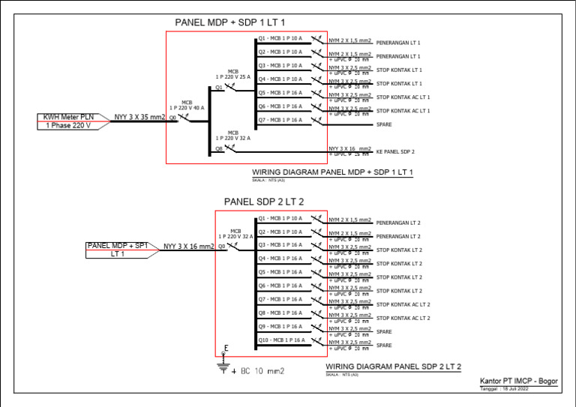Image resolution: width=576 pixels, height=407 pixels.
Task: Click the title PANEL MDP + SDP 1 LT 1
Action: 229,23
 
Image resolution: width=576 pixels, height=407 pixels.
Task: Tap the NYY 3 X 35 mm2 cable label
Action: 139,118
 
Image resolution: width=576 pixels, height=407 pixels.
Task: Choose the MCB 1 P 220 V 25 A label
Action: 232,73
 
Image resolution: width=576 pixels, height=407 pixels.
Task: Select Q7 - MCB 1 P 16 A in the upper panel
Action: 280,120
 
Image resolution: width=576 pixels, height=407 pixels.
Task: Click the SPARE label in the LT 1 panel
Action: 384,124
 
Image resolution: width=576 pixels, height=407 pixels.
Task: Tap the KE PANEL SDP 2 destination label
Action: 394,151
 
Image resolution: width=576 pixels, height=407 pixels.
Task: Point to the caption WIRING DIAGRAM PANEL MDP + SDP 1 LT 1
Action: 333,172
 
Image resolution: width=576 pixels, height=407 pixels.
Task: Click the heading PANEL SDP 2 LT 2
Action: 264,202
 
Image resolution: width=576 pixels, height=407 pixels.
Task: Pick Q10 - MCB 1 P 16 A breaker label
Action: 280,340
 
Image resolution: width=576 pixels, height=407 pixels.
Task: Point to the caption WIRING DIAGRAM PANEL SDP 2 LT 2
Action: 393,367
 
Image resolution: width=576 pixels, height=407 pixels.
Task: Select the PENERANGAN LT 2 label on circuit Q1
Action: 397,223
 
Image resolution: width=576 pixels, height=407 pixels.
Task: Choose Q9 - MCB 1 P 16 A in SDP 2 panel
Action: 280,326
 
